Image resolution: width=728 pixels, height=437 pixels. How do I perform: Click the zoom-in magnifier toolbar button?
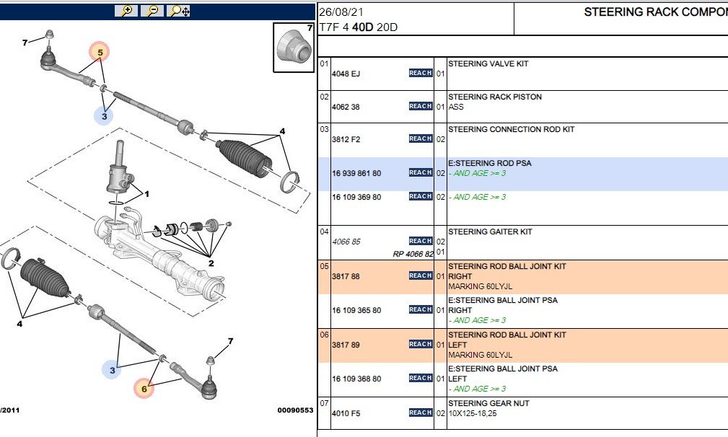[126, 11]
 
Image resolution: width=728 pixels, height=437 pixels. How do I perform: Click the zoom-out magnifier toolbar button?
[152, 11]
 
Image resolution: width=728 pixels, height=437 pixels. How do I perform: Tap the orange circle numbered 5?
[100, 52]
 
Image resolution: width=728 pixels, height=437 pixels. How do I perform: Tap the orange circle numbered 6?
[144, 388]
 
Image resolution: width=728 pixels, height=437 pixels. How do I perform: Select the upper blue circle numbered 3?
[104, 115]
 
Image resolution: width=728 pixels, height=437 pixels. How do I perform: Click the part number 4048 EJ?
[346, 74]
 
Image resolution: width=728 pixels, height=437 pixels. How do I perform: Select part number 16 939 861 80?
[356, 174]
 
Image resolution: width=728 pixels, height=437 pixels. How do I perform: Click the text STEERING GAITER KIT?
[490, 231]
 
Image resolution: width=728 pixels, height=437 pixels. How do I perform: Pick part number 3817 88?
[346, 276]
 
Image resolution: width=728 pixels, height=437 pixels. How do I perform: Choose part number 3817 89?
[346, 345]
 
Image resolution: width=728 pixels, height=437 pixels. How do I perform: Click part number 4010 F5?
[346, 413]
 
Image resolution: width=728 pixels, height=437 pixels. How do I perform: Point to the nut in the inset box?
[290, 45]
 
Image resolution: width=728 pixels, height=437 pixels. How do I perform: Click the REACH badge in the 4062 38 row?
[421, 106]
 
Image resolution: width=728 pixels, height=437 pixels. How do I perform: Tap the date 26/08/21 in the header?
[341, 12]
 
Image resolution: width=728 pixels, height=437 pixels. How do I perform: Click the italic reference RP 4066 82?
[413, 254]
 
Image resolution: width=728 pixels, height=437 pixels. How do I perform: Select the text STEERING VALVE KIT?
[488, 63]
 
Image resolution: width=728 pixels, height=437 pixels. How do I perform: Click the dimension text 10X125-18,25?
[472, 413]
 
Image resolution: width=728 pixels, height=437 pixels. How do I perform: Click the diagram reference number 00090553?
[295, 410]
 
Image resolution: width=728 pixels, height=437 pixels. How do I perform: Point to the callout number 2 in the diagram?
[211, 263]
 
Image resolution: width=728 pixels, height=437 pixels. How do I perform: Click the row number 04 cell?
[324, 231]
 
